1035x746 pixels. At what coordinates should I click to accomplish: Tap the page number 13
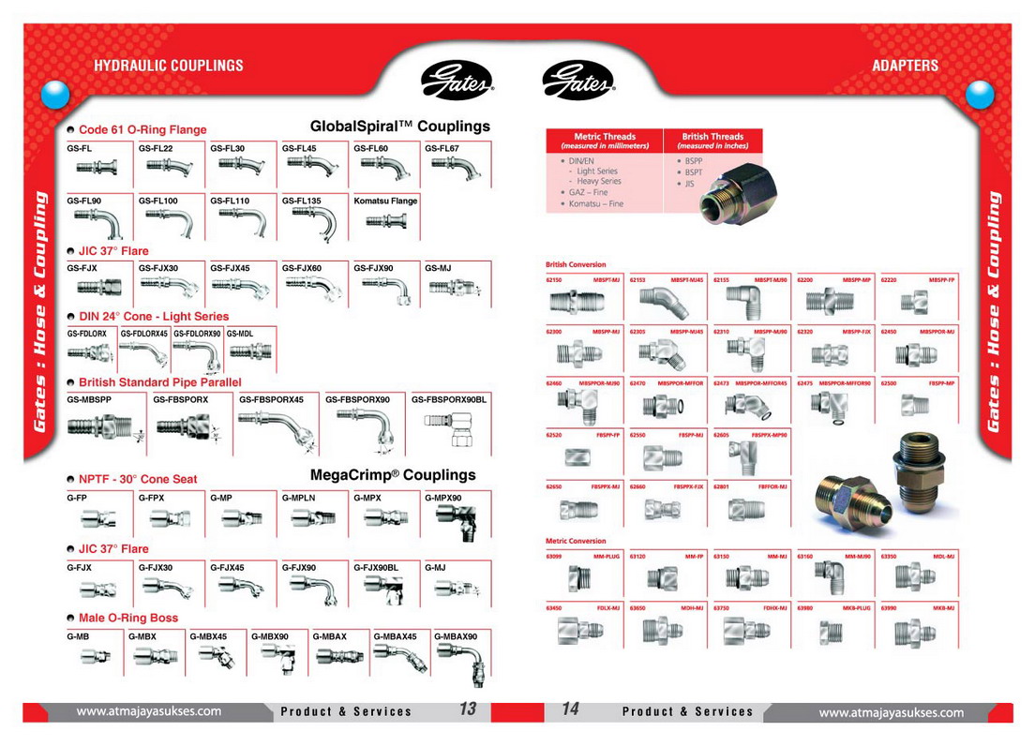click(468, 709)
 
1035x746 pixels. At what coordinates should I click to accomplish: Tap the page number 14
click(570, 709)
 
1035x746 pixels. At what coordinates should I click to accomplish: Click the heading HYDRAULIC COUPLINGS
click(169, 66)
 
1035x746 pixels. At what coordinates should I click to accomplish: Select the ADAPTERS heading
click(905, 66)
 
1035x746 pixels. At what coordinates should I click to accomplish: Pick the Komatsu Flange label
click(385, 201)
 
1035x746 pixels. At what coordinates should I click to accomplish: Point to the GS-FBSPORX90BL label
click(449, 399)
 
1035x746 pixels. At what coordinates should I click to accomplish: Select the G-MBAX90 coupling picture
click(462, 659)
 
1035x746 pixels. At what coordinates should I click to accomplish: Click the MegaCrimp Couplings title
click(393, 475)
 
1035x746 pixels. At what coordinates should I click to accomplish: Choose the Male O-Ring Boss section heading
click(127, 619)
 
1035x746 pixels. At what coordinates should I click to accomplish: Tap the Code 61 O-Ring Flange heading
click(142, 129)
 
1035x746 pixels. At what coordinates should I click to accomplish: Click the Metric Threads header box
click(605, 141)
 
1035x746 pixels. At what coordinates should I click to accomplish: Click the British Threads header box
click(712, 141)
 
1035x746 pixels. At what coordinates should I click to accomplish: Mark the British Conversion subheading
click(576, 264)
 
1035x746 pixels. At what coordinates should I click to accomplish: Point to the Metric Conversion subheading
click(576, 541)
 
